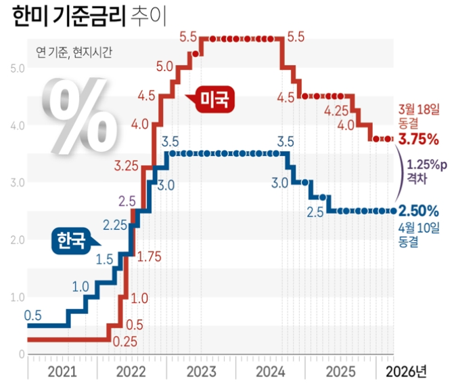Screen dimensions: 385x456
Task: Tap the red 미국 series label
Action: (x=216, y=100)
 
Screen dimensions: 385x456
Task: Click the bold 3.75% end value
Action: (x=418, y=140)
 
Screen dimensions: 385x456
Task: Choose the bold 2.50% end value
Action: (x=418, y=211)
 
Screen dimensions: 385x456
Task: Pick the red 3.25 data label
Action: (x=127, y=165)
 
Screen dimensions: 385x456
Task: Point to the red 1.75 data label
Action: (x=150, y=258)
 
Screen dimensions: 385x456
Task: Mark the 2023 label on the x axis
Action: (x=201, y=371)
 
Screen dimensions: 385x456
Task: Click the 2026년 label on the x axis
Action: (x=406, y=371)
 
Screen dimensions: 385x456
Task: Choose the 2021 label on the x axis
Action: (x=62, y=371)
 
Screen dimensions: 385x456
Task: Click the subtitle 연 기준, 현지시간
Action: (x=74, y=53)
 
